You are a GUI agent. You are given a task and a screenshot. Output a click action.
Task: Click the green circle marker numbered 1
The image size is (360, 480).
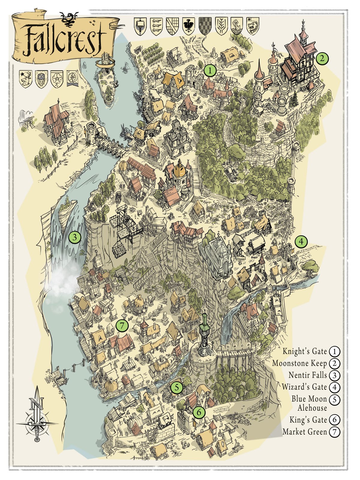pyautogui.click(x=210, y=71)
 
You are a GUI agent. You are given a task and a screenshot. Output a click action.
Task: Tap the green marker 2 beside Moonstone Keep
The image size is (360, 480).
pyautogui.click(x=322, y=58)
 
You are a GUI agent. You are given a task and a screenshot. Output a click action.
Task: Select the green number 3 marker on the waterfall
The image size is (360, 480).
pyautogui.click(x=74, y=237)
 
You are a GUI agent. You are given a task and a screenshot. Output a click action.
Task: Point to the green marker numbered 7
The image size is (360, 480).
pyautogui.click(x=122, y=325)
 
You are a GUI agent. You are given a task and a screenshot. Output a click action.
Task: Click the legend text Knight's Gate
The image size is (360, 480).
pyautogui.click(x=304, y=351)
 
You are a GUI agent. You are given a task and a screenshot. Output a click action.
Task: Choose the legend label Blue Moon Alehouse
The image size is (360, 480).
pyautogui.click(x=309, y=403)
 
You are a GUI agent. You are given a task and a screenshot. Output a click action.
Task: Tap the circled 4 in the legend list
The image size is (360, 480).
pyautogui.click(x=334, y=387)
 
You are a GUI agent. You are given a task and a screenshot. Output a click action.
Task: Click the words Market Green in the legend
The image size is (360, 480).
pyautogui.click(x=304, y=432)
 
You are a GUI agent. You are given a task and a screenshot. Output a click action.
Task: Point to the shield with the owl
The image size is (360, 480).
pyautogui.click(x=41, y=79)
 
